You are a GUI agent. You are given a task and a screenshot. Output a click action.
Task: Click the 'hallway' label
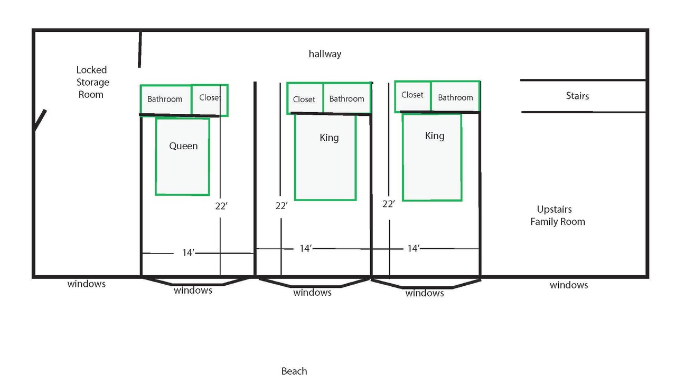click(x=325, y=54)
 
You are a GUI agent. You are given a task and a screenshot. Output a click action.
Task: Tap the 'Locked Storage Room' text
click(x=92, y=82)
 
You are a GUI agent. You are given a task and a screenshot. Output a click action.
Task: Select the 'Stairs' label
click(x=577, y=96)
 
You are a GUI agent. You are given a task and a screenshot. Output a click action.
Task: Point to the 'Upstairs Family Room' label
click(x=557, y=216)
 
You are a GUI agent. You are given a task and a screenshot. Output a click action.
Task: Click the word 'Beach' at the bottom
click(x=294, y=371)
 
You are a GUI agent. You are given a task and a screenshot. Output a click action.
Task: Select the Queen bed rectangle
click(x=182, y=157)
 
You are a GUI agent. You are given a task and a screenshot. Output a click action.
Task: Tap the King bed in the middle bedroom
click(x=325, y=157)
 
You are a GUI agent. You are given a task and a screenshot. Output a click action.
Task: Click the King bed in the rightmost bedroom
click(x=432, y=157)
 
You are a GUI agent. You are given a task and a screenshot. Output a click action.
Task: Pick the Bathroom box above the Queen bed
click(x=165, y=99)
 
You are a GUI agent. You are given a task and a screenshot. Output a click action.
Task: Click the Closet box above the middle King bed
click(x=304, y=99)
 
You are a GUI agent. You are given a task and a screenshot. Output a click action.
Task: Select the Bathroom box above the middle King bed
click(x=346, y=98)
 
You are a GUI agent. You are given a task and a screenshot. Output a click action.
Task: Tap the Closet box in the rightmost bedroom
click(x=412, y=95)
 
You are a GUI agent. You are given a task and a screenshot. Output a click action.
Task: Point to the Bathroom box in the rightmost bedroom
click(x=455, y=97)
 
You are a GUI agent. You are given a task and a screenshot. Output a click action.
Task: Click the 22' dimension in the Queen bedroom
click(x=221, y=206)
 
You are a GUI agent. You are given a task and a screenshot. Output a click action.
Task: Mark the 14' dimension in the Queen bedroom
click(x=189, y=253)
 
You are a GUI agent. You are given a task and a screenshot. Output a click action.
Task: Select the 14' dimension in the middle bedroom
click(x=305, y=249)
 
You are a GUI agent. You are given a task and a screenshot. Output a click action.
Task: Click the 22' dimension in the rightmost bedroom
click(x=389, y=204)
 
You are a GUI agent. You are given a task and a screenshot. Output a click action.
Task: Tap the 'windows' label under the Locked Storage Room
click(x=87, y=284)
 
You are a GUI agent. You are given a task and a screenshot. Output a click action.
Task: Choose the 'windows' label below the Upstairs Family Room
click(x=569, y=285)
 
